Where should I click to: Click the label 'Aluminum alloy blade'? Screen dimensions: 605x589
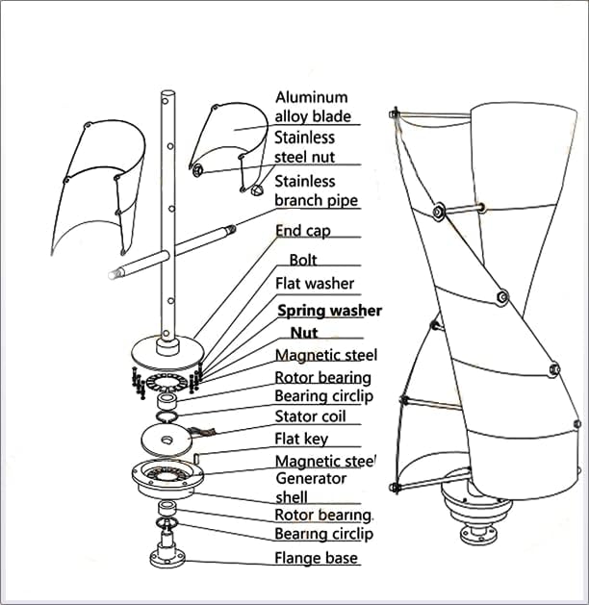[x=312, y=106]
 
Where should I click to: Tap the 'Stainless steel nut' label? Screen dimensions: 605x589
[x=304, y=147]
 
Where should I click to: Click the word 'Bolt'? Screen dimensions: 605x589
[x=303, y=260]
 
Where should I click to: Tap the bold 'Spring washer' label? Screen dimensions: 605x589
[x=329, y=311]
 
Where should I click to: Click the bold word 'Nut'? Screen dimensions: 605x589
[x=304, y=333]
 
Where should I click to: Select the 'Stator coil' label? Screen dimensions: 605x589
[x=310, y=416]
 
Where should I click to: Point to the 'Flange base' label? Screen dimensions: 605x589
[x=316, y=558]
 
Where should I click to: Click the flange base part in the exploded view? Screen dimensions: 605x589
[x=169, y=555]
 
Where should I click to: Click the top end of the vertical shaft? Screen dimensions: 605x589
[x=167, y=95]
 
